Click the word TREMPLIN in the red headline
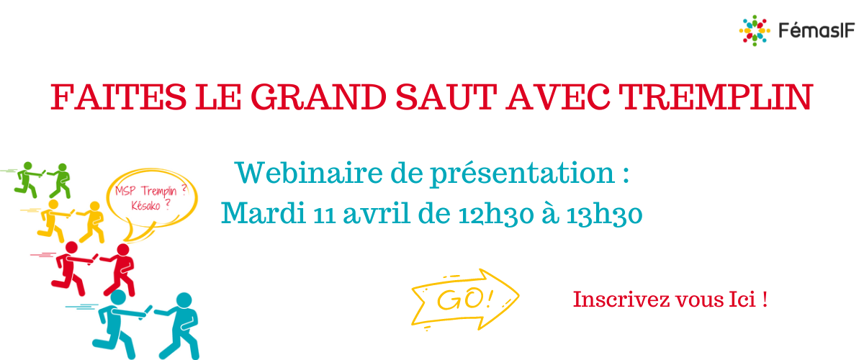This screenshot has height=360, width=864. click(716, 97)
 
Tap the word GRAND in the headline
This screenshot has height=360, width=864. click(318, 97)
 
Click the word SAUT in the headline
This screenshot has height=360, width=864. click(446, 97)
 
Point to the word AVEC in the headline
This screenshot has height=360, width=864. click(558, 97)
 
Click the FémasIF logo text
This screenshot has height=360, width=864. click(816, 30)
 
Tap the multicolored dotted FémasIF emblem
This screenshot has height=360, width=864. click(755, 30)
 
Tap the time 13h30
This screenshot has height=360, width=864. click(604, 214)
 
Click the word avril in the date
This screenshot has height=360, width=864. click(376, 213)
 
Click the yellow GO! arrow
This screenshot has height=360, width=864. click(465, 300)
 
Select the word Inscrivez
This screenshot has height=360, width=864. click(621, 300)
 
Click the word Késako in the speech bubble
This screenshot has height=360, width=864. click(145, 206)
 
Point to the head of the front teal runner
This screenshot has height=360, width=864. click(184, 300)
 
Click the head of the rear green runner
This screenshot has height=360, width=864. click(28, 166)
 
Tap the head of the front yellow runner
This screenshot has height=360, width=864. click(94, 206)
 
